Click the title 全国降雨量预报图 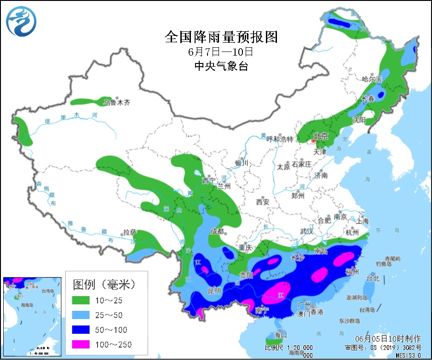point(221,37)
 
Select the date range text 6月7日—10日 point(221,51)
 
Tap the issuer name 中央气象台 point(221,66)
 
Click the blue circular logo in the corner point(22,22)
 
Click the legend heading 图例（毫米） point(105,284)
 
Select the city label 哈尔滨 point(372,79)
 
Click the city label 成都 point(217,231)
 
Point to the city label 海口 point(281,334)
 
